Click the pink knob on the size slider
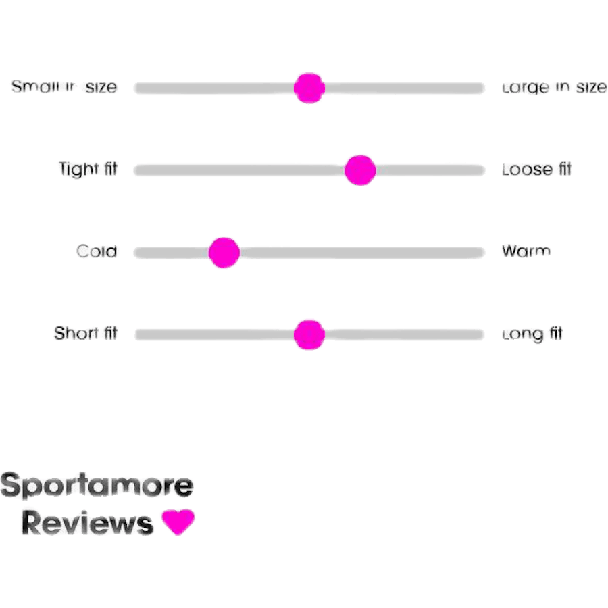click(x=309, y=88)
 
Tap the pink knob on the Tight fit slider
click(x=359, y=170)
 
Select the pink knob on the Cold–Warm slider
click(x=224, y=253)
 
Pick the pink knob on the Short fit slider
click(x=309, y=334)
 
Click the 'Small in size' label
click(x=64, y=87)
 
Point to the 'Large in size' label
click(x=554, y=88)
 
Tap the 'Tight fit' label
click(x=88, y=169)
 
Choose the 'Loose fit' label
click(x=536, y=170)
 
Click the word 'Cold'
click(x=97, y=252)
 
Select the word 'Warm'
click(x=526, y=251)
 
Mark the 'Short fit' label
click(x=86, y=334)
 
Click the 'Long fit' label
click(x=532, y=334)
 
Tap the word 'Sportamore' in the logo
click(x=97, y=486)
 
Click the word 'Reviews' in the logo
click(x=88, y=524)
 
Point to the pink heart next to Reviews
click(x=178, y=522)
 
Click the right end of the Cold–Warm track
click(x=480, y=253)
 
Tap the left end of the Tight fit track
click(x=138, y=170)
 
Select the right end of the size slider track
click(x=480, y=88)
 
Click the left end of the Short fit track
click(x=139, y=334)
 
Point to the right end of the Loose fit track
click(x=480, y=170)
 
